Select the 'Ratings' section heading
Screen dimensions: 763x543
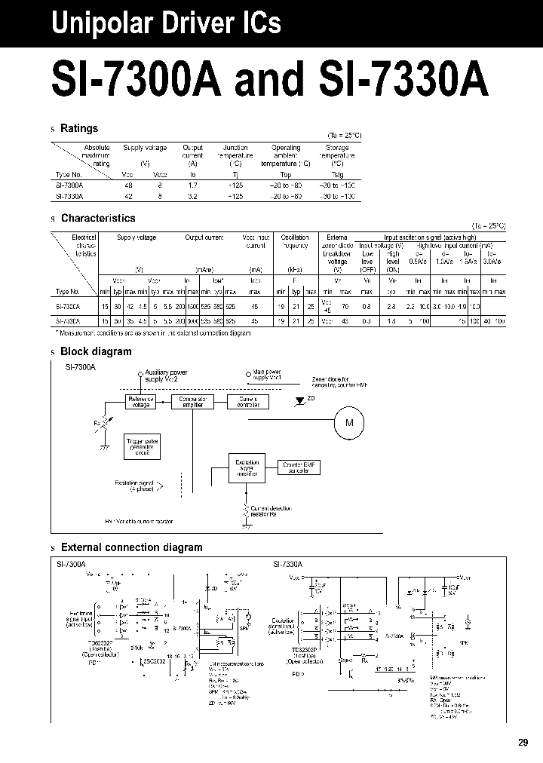coord(79,129)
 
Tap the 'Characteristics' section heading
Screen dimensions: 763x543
coord(98,219)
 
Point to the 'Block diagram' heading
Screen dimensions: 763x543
coord(96,351)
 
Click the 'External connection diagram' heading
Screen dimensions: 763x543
coord(131,547)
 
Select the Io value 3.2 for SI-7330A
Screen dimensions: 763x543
coord(192,195)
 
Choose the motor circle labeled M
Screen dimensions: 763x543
coord(349,423)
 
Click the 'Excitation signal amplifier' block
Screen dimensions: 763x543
coord(247,467)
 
